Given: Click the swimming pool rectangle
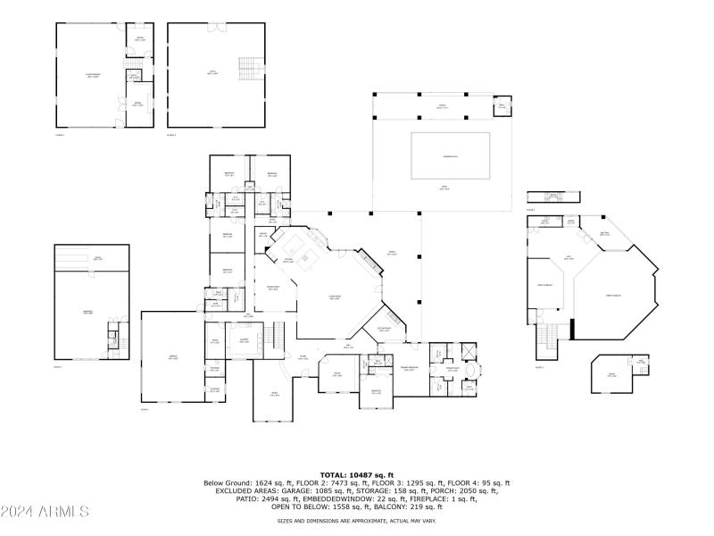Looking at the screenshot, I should [x=451, y=155].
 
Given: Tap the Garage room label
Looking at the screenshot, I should [x=172, y=356].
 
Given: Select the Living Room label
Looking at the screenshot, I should [x=336, y=298].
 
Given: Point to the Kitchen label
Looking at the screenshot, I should [x=289, y=260].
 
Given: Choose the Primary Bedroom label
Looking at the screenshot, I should [x=410, y=368].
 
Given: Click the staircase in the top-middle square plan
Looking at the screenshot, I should [x=247, y=68].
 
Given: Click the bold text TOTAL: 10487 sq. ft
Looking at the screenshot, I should [x=356, y=474].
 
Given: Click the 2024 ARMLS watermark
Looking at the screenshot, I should [x=45, y=512].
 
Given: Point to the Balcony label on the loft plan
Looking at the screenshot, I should [x=604, y=232].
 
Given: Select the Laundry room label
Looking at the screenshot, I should [x=243, y=340].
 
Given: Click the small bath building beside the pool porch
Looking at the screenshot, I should [x=502, y=106].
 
